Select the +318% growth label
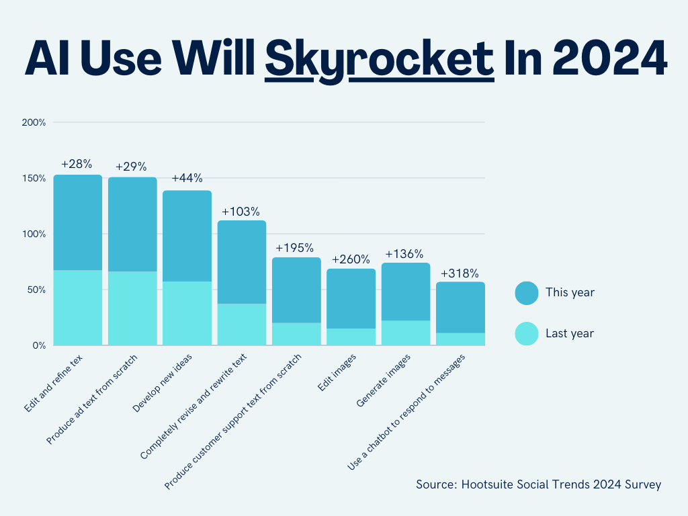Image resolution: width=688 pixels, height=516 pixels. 460,273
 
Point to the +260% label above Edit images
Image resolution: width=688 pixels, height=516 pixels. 351,259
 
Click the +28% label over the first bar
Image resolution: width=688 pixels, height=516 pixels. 77,164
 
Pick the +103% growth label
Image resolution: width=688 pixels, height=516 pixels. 241,212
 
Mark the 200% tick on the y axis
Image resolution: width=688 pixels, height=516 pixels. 34,123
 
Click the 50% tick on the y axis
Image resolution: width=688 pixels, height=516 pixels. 35,290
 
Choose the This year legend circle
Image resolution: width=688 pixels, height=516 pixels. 527,293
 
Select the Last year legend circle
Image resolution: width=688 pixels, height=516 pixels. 527,333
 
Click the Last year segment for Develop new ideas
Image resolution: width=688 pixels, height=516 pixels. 187,313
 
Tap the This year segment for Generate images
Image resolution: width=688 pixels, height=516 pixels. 405,292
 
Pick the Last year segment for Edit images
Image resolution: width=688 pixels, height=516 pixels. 351,337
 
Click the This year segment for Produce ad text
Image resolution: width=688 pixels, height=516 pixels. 132,224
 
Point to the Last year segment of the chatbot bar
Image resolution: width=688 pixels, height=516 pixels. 460,339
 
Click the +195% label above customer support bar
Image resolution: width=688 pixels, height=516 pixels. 296,247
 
